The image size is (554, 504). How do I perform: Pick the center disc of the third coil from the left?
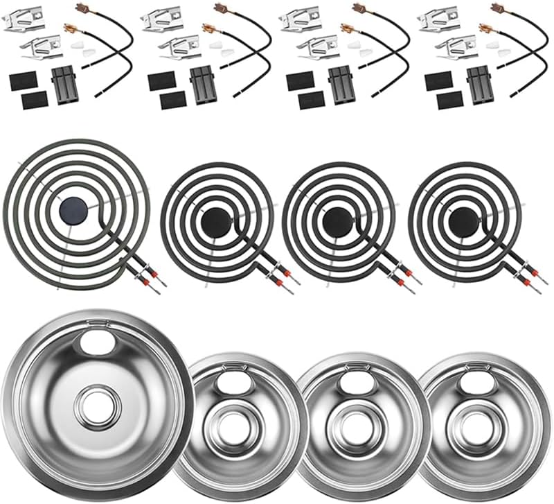[x=339, y=221]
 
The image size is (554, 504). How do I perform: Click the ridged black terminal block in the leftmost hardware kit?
[x=64, y=85]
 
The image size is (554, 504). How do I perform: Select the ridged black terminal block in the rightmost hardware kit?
[x=479, y=85]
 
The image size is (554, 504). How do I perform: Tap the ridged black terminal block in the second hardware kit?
[x=203, y=85]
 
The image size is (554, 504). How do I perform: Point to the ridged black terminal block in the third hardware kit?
[x=341, y=85]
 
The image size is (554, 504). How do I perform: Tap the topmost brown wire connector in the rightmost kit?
[x=497, y=8]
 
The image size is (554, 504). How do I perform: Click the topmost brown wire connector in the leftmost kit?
[x=82, y=8]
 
